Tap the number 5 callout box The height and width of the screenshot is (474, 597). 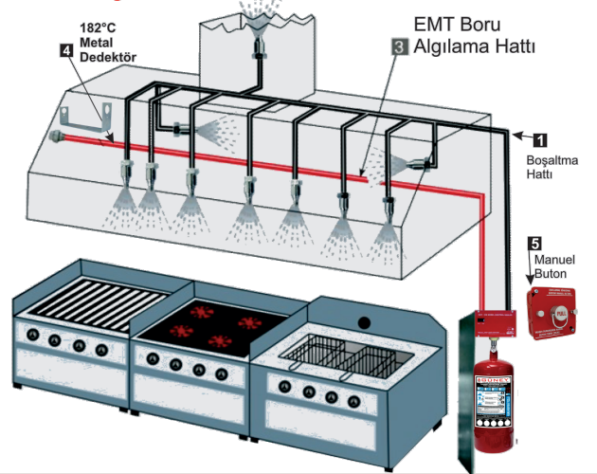[x=534, y=243]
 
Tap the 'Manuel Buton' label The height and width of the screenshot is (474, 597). [x=552, y=266]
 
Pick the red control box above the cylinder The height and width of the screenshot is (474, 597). [x=493, y=323]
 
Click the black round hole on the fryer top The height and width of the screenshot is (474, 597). [x=363, y=322]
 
